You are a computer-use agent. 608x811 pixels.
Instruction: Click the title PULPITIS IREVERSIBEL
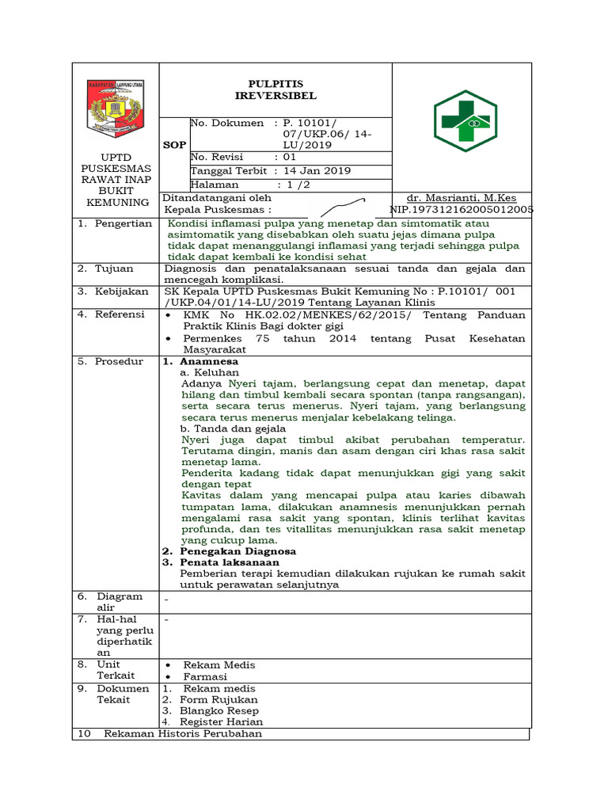pyautogui.click(x=275, y=89)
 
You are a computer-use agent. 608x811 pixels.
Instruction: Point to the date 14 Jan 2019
pyautogui.click(x=317, y=171)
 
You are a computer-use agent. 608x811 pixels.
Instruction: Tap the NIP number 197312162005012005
pyautogui.click(x=462, y=210)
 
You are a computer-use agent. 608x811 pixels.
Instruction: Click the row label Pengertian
pyautogui.click(x=123, y=223)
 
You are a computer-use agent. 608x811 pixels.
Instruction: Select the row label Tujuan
pyautogui.click(x=114, y=268)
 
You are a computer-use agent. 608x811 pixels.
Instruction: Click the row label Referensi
pyautogui.click(x=120, y=314)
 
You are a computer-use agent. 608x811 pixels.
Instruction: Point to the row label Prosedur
pyautogui.click(x=119, y=361)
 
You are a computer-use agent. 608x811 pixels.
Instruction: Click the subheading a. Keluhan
pyautogui.click(x=210, y=372)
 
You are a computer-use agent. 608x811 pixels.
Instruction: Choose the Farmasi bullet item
pyautogui.click(x=205, y=676)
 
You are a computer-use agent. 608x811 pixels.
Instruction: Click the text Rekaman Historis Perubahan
pyautogui.click(x=182, y=733)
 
